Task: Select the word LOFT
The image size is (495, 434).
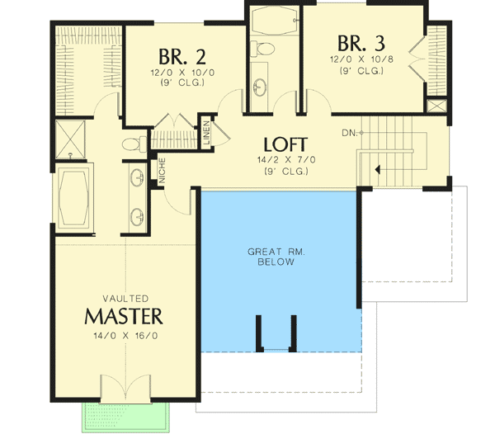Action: coord(285,143)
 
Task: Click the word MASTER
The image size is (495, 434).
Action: coord(124,316)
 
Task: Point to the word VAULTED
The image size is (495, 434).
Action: coord(125,298)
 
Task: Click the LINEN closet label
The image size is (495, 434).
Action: coord(205,136)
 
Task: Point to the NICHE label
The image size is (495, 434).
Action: coord(163,170)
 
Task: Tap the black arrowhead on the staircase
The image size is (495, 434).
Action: coord(378,170)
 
